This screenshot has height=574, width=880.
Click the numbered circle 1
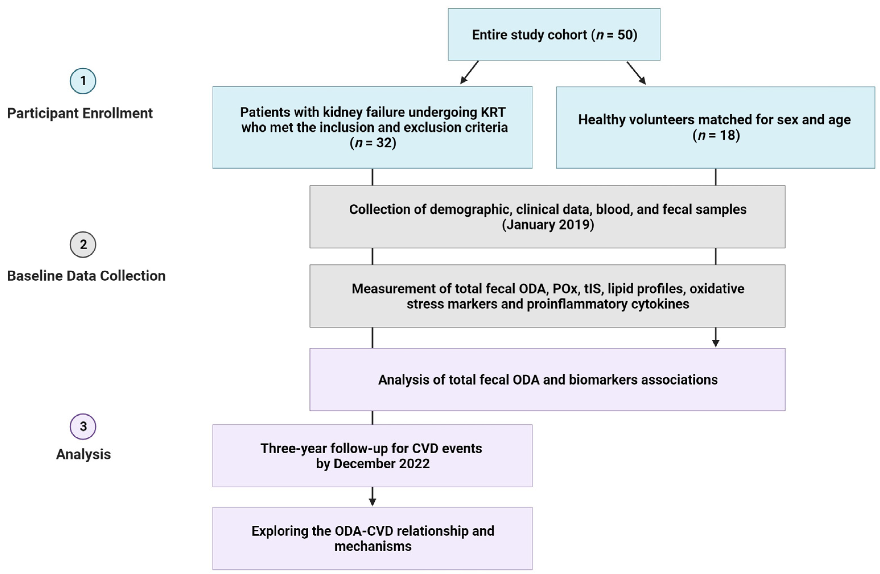coord(83,81)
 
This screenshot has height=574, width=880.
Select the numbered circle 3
coord(83,426)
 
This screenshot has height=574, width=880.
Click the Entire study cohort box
coord(554,34)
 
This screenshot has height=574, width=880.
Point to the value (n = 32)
coord(373,143)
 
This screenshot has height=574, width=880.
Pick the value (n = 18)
coord(716,135)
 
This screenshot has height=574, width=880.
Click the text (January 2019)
coord(548,225)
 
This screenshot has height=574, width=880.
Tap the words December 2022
coord(382,463)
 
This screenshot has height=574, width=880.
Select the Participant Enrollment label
coord(80,113)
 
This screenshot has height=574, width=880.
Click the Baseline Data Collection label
coord(86,276)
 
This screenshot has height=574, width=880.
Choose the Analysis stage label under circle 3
coord(83,454)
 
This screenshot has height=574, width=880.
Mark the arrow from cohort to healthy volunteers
coord(636,73)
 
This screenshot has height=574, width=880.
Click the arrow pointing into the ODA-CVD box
coord(372,496)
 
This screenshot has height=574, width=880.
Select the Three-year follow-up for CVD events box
coord(372,455)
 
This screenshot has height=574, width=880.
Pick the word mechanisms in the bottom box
coord(373,546)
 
